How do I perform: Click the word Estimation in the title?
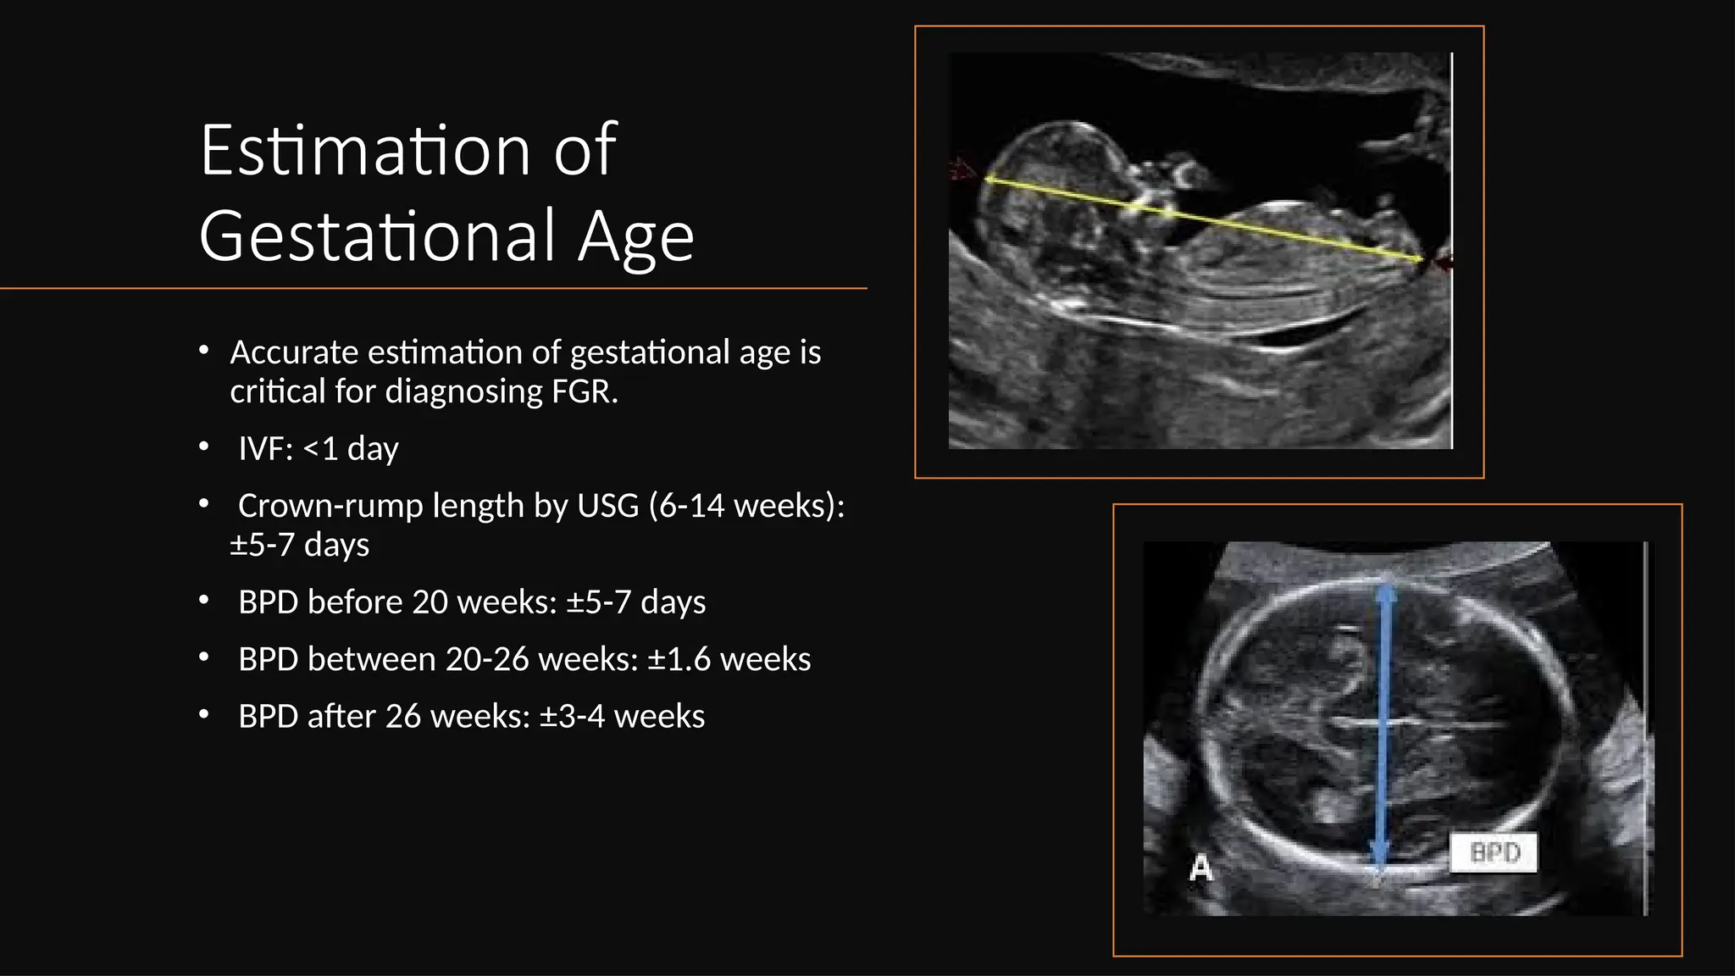click(x=364, y=151)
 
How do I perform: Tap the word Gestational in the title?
click(x=377, y=236)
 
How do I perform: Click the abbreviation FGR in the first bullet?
click(x=584, y=391)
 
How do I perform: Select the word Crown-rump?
click(x=330, y=506)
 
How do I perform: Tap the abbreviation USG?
click(x=607, y=506)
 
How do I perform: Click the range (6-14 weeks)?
click(x=746, y=506)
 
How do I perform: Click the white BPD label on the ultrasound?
click(x=1494, y=852)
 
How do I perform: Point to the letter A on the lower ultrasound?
click(x=1200, y=868)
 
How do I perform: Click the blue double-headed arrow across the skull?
click(x=1383, y=729)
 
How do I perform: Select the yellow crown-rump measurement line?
click(x=1203, y=219)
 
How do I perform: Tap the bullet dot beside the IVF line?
click(x=203, y=447)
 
